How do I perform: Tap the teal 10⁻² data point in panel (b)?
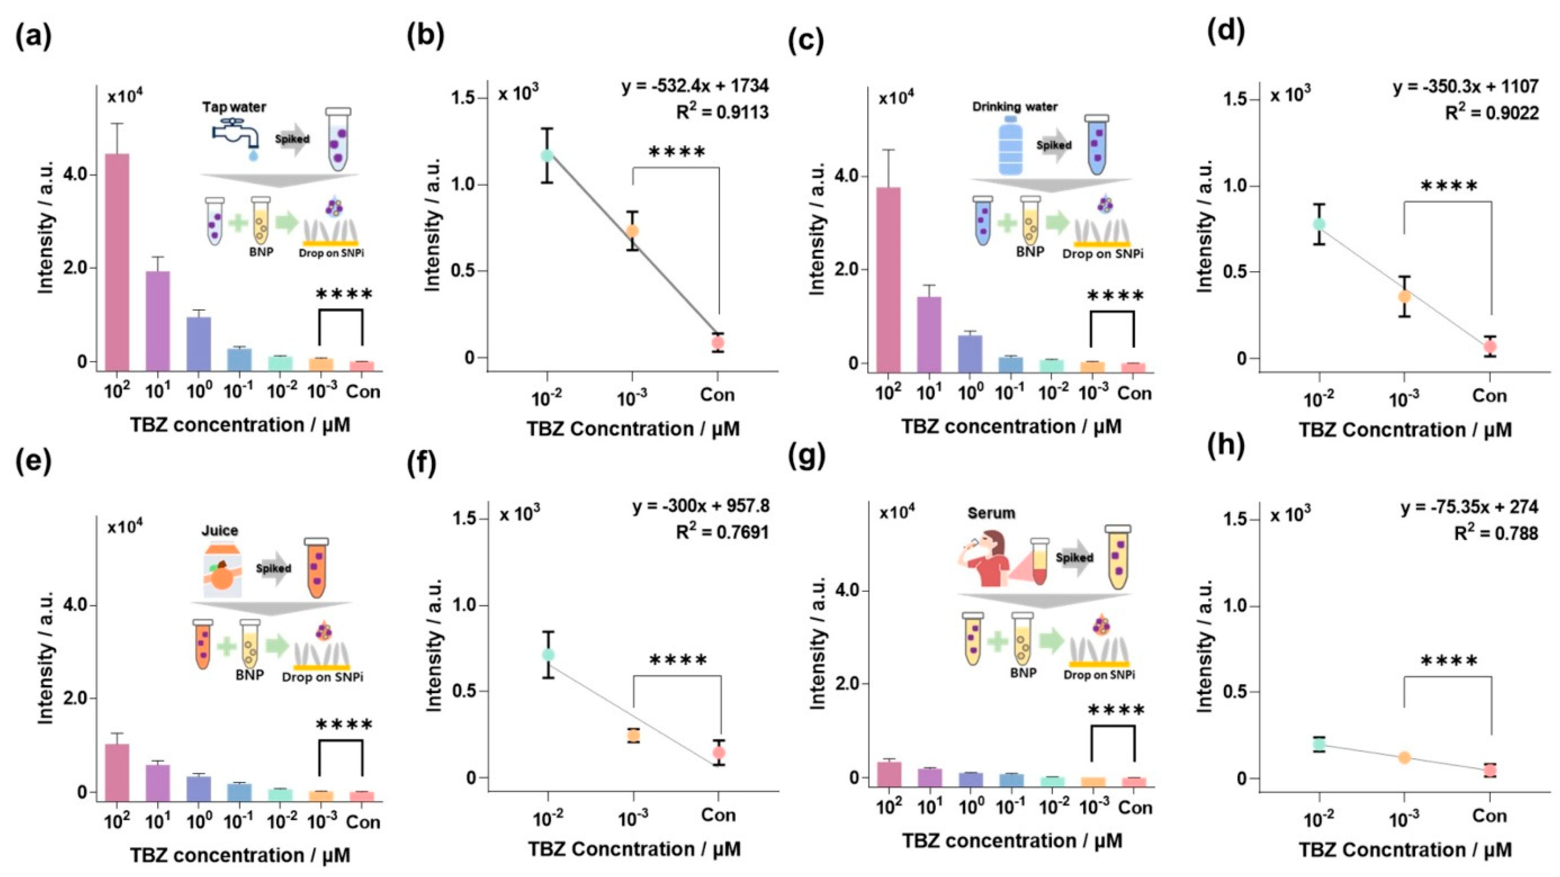pos(547,156)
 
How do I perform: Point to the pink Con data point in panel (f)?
pos(719,753)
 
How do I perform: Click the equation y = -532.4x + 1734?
pos(695,86)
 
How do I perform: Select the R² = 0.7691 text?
pos(722,532)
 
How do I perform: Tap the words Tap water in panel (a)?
pos(234,107)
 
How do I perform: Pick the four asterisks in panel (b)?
pos(677,152)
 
